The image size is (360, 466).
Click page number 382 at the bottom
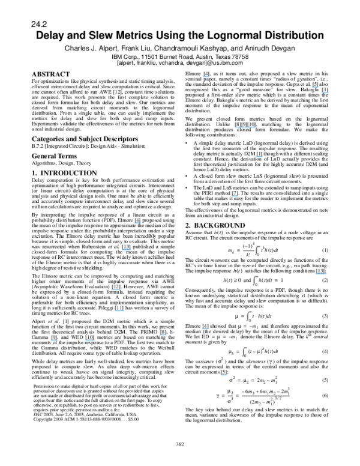179,444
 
